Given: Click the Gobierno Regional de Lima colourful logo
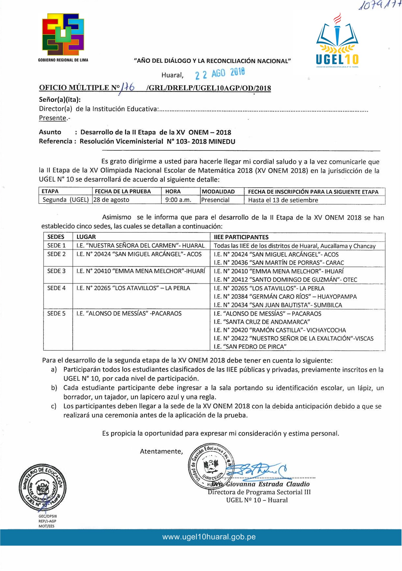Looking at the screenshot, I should coord(63,34).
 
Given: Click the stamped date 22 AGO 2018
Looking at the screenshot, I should coord(220,74).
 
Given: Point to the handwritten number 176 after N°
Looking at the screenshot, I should coord(128,87).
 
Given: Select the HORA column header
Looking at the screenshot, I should coord(173,192).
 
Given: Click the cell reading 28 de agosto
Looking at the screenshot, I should coord(112,200).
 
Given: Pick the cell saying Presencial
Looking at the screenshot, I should coord(215,200).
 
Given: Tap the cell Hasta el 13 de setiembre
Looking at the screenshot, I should coord(283,200).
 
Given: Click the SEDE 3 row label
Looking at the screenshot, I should coord(56,271).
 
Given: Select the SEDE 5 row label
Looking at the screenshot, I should coord(56,313).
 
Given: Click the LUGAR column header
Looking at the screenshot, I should coord(86,237).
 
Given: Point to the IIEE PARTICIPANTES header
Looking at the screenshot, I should coord(241,237).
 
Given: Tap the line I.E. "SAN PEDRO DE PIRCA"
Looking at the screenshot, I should coord(250,347).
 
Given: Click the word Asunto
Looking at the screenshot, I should coord(50,132).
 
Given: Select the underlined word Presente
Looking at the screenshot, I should coord(52,118).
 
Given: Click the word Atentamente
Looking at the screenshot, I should coord(161,451).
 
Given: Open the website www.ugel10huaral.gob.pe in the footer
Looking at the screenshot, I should coord(209,537).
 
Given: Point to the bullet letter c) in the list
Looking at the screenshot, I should coord(54,406).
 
